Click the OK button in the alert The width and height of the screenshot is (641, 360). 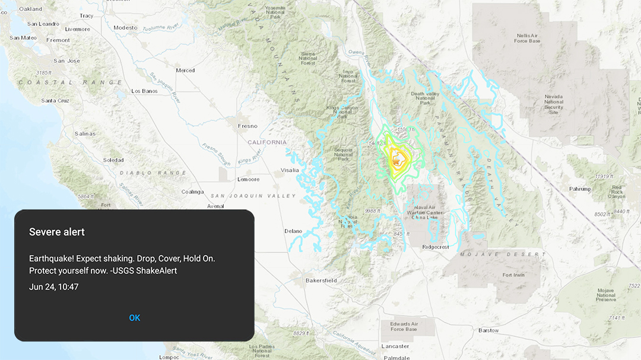click(x=135, y=318)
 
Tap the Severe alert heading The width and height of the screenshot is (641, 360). click(x=57, y=232)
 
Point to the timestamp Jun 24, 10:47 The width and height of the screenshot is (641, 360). click(x=54, y=287)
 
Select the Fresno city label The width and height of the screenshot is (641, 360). click(x=247, y=126)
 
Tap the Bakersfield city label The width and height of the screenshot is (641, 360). click(x=321, y=281)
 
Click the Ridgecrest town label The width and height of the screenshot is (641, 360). click(x=436, y=247)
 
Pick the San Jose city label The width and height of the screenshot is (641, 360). click(x=66, y=61)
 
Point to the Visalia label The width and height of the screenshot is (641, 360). click(x=290, y=170)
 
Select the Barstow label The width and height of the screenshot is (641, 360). click(x=488, y=330)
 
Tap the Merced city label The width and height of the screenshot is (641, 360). click(x=185, y=71)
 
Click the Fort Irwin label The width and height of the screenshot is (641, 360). click(x=515, y=275)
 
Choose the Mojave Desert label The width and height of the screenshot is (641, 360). click(x=503, y=254)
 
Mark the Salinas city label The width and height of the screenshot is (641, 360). click(x=85, y=134)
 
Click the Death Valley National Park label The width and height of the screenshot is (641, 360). click(x=424, y=98)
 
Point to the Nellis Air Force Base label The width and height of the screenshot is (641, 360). click(x=528, y=38)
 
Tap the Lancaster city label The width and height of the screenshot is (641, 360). click(x=395, y=346)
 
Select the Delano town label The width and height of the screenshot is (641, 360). click(x=293, y=231)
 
